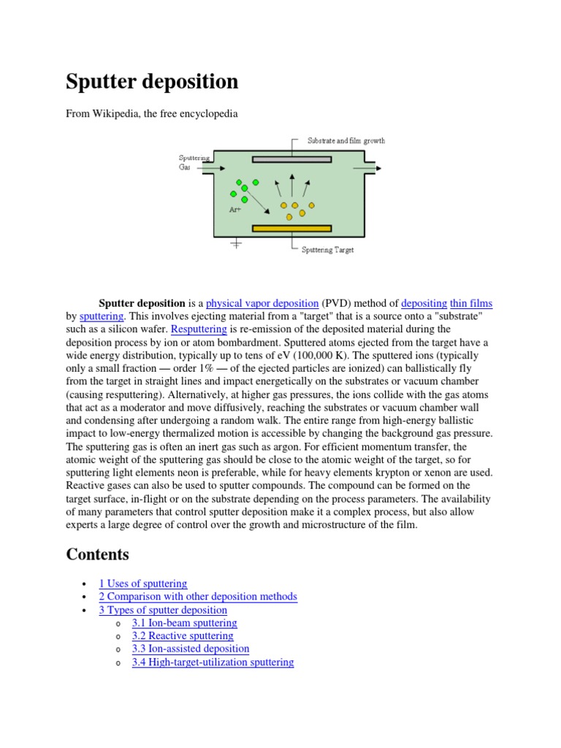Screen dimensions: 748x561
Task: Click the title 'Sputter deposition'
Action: [x=152, y=82]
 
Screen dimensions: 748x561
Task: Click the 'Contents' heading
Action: [x=97, y=554]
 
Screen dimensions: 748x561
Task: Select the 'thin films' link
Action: [x=472, y=303]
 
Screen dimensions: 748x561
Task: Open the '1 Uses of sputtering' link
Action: [x=143, y=584]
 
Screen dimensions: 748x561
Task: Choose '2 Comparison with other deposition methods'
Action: [x=198, y=597]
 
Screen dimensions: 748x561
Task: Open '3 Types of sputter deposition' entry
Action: [x=163, y=610]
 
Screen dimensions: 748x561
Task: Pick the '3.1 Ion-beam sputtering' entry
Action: [x=184, y=623]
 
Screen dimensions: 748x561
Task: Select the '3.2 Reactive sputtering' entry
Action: [x=183, y=636]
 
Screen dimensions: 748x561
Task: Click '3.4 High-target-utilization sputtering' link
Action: [x=213, y=663]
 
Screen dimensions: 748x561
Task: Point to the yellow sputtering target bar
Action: [x=291, y=229]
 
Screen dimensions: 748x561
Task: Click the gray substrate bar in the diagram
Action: [x=291, y=159]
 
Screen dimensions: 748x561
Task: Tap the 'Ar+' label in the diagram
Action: [x=236, y=210]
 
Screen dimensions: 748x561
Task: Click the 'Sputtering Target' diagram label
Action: [x=328, y=250]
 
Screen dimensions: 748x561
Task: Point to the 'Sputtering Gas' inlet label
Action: [x=194, y=162]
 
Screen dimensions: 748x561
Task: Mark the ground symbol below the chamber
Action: [x=236, y=245]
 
